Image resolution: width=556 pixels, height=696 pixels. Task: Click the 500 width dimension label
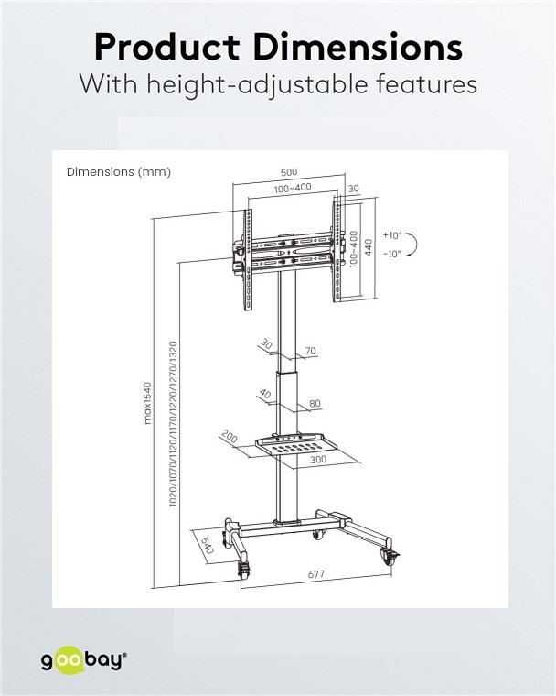(x=289, y=172)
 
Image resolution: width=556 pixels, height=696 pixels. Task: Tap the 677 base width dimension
(x=316, y=574)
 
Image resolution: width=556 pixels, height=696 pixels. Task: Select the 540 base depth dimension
(x=208, y=546)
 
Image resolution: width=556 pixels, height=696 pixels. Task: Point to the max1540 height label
(x=148, y=403)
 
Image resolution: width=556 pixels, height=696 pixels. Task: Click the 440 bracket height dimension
(x=369, y=247)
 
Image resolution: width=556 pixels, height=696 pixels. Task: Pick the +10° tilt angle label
(x=392, y=235)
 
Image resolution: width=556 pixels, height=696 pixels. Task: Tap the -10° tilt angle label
(x=392, y=254)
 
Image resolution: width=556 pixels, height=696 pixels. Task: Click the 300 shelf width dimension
(x=318, y=460)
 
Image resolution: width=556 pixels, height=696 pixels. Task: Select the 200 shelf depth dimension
(x=229, y=437)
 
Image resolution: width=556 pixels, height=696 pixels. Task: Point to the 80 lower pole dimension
(x=315, y=404)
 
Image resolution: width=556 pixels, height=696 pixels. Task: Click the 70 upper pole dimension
(x=310, y=351)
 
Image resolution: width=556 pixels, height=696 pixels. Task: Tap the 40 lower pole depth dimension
(x=264, y=394)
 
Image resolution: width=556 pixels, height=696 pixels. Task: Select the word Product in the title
(x=167, y=48)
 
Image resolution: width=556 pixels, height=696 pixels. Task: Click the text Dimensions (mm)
(x=119, y=172)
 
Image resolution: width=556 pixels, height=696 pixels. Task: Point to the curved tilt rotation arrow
(x=414, y=244)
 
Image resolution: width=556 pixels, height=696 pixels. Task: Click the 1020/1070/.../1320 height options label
(x=174, y=424)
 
